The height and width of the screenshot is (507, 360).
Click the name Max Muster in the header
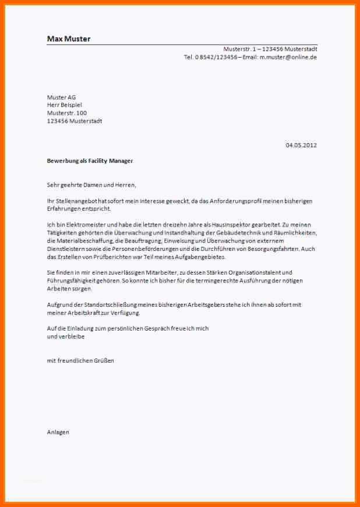coord(69,39)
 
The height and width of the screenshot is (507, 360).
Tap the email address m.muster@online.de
coord(288,57)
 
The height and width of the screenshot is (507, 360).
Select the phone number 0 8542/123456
coord(216,57)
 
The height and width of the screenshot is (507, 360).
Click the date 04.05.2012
coord(301,145)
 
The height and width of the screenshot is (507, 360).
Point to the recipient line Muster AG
coord(61,97)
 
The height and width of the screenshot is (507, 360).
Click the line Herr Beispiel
coord(64,105)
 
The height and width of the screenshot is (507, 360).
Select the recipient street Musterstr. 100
coord(67,113)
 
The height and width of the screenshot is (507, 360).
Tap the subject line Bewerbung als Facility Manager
coord(90,161)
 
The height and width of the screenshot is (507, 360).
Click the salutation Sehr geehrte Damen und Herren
coord(91,185)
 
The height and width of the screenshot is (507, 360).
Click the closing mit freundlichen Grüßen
coord(80,361)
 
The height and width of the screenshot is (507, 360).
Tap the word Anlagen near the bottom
coord(58,432)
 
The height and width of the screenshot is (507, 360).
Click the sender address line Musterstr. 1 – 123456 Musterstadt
coord(270,49)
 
